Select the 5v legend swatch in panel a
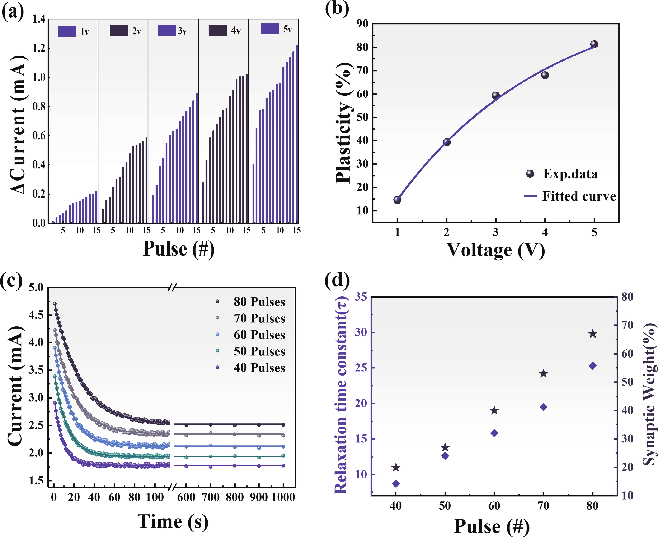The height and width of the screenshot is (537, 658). point(270,29)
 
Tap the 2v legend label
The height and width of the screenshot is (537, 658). point(137,31)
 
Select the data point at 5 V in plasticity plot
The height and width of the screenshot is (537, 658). point(594,44)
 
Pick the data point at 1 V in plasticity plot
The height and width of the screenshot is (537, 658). point(397,200)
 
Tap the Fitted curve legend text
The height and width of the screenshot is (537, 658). point(579,196)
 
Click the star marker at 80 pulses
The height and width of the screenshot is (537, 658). point(592,334)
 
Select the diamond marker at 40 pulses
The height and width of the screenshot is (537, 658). point(396,483)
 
